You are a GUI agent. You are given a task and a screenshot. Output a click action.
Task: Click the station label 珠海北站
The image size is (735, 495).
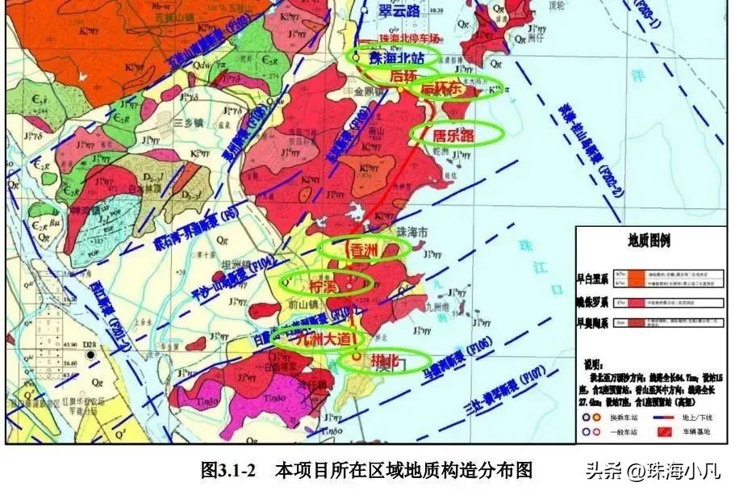(395, 57)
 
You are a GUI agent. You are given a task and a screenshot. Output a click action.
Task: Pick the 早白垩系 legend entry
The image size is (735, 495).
(594, 279)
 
